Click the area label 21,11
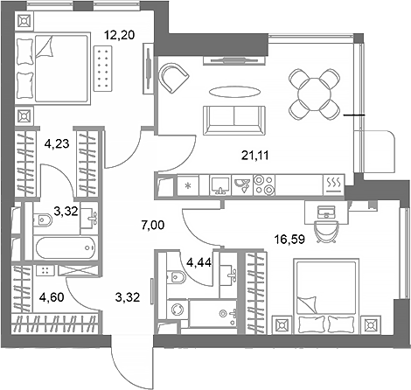click(254, 158)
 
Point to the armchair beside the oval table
click(175, 79)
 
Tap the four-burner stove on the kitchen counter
click(263, 185)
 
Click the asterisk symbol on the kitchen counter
click(188, 185)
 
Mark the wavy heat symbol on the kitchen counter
click(333, 184)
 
